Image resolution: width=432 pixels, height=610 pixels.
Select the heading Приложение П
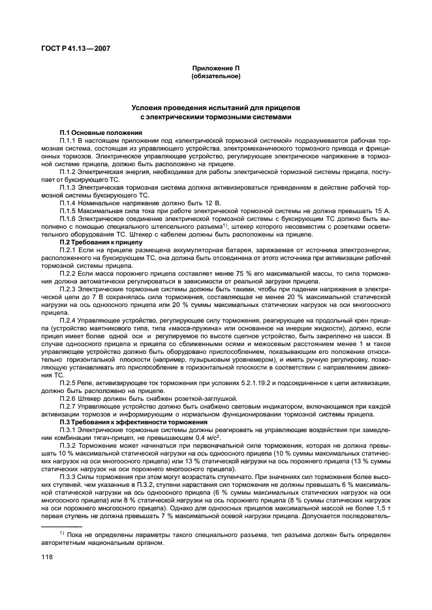215,68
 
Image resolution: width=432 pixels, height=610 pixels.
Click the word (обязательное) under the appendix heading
215,76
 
